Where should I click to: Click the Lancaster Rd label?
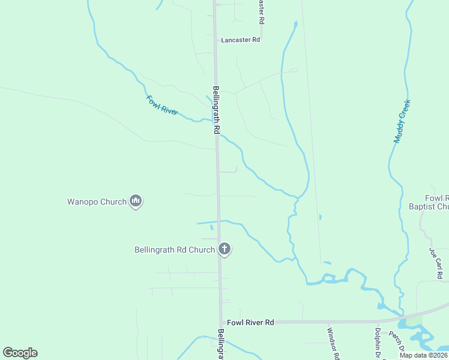click(x=240, y=40)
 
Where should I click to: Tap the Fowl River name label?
click(x=162, y=105)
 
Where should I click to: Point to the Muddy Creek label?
click(x=402, y=121)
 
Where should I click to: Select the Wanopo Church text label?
click(x=96, y=202)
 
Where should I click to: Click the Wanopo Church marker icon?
click(x=136, y=202)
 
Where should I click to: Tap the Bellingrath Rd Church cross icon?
click(x=224, y=248)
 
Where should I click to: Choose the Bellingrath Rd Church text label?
click(x=175, y=250)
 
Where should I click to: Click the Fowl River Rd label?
click(x=250, y=323)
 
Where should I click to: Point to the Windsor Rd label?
click(x=334, y=343)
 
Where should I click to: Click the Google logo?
click(x=20, y=353)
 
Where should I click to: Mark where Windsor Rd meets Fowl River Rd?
click(x=327, y=322)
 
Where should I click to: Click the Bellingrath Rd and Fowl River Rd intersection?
click(x=221, y=323)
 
